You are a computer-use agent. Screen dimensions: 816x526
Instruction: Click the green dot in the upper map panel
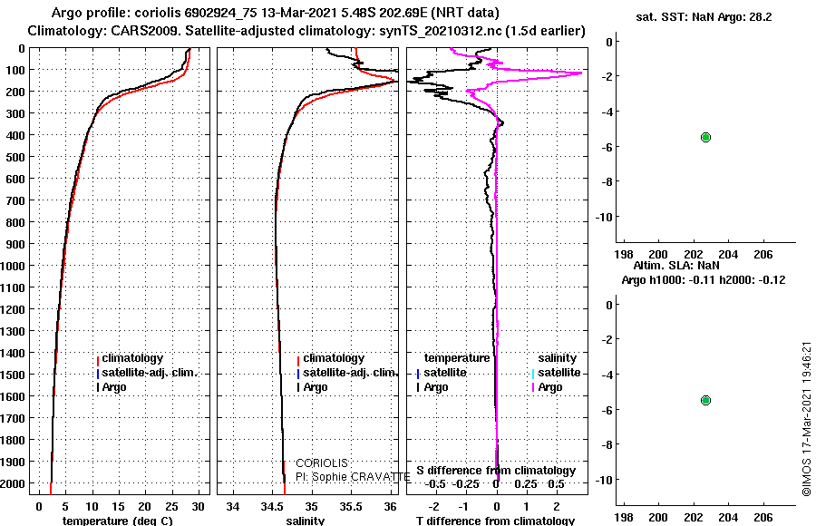pyautogui.click(x=705, y=138)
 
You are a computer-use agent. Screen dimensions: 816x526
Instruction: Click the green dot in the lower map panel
pyautogui.click(x=705, y=401)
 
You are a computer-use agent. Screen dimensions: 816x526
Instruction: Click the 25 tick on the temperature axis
pyautogui.click(x=171, y=507)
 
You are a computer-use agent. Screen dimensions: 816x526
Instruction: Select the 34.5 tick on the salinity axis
pyautogui.click(x=271, y=507)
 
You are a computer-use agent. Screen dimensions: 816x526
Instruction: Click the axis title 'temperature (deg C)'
pyautogui.click(x=118, y=521)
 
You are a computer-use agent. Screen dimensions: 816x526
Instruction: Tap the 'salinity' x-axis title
pyautogui.click(x=306, y=521)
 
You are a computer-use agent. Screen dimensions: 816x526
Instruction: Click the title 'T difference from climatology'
pyautogui.click(x=495, y=521)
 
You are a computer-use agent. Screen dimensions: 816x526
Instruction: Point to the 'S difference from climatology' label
pyautogui.click(x=496, y=471)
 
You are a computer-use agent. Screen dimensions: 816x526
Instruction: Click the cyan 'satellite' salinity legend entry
pyautogui.click(x=556, y=373)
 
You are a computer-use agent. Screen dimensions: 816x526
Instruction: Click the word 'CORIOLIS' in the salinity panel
pyautogui.click(x=322, y=463)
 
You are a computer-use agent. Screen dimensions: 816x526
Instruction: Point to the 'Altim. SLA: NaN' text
pyautogui.click(x=676, y=265)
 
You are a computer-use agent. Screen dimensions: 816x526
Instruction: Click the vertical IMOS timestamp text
pyautogui.click(x=806, y=419)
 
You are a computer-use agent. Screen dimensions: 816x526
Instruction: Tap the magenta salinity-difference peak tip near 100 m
pyautogui.click(x=581, y=73)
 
